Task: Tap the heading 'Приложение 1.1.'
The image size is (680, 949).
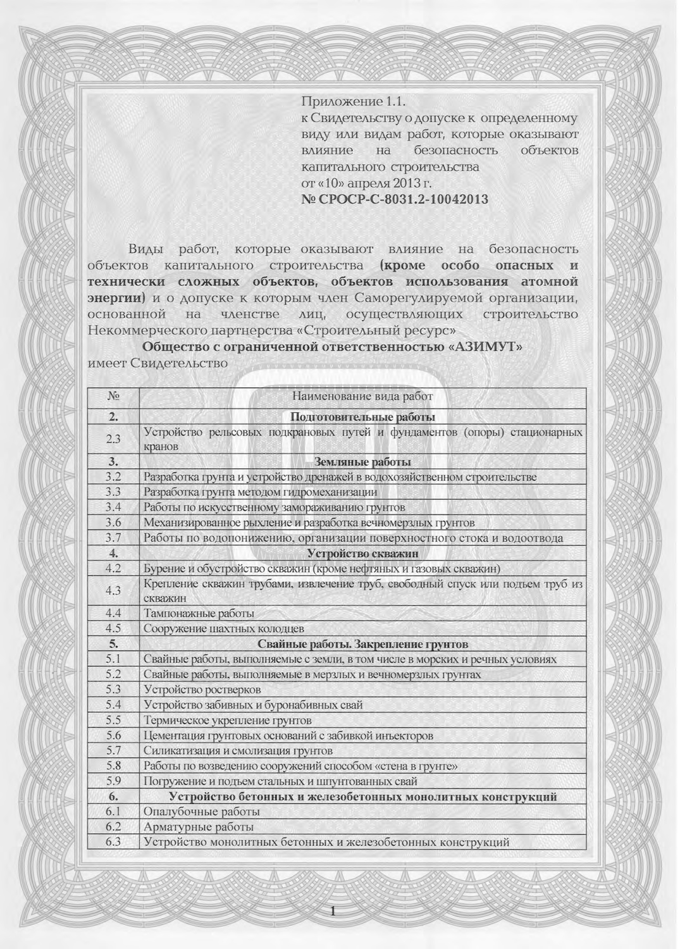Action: (352, 101)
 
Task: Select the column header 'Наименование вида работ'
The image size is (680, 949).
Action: (362, 397)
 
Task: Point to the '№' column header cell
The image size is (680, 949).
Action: (114, 397)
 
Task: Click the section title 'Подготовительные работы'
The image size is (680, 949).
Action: (362, 417)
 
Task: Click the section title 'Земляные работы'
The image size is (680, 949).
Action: (362, 462)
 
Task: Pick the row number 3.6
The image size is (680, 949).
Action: (114, 523)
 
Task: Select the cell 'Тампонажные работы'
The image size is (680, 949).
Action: (199, 613)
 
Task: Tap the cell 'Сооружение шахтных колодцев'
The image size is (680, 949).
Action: (224, 629)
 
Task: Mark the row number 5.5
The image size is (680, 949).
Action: (114, 720)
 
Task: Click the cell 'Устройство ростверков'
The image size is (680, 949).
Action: (202, 690)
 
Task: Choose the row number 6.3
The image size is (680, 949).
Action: (114, 842)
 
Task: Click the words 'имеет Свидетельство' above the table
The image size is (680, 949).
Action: (158, 363)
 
